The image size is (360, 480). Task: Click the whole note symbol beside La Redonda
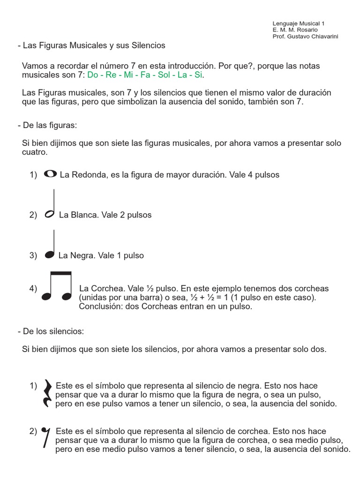point(50,174)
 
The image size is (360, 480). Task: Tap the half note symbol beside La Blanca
point(49,214)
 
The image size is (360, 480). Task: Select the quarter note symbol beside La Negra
point(49,255)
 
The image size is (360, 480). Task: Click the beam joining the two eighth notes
point(60,273)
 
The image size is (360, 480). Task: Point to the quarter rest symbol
point(47,393)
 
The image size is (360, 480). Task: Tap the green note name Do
point(93,75)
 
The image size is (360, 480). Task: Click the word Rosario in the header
point(307,30)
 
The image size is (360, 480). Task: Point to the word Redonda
point(86,175)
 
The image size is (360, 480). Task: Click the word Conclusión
point(99,307)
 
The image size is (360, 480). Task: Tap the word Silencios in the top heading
point(144,46)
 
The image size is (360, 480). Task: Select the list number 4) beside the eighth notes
point(33,289)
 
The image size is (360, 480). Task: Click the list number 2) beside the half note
point(33,215)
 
